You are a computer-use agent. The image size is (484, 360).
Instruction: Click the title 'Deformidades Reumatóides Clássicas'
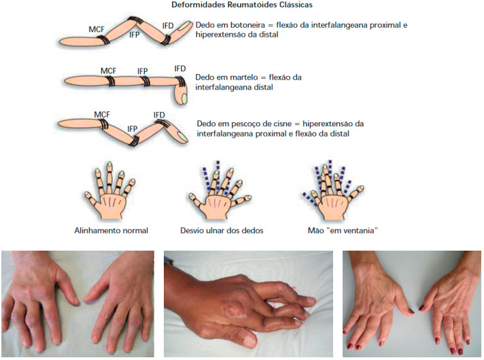242,5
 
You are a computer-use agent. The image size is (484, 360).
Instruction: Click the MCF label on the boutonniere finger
97,29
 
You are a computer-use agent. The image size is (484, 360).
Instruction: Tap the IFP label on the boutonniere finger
135,35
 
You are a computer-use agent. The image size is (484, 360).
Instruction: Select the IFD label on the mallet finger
180,69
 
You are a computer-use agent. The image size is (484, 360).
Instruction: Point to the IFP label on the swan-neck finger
133,128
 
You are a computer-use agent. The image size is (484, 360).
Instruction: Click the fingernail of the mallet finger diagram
184,98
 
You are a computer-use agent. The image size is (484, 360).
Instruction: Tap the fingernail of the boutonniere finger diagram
185,25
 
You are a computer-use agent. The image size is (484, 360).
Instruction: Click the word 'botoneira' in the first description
252,25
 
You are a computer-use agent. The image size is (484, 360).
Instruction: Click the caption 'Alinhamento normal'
111,230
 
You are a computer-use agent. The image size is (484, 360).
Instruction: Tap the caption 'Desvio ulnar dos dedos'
222,230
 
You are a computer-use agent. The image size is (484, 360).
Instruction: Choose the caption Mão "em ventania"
343,230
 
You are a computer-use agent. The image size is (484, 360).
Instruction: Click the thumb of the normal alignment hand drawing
91,199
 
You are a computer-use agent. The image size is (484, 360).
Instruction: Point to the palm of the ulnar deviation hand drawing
218,206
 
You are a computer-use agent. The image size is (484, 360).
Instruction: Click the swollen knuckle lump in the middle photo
235,309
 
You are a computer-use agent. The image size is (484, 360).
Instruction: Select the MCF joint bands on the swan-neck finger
103,124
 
